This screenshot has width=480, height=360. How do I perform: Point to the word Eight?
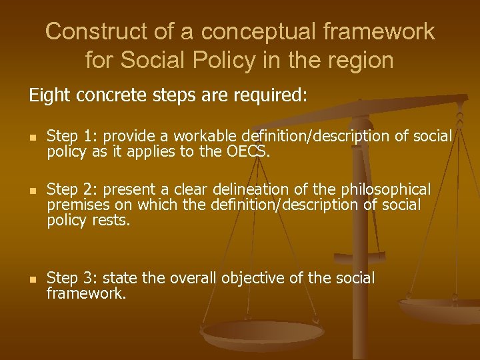[x=49, y=96]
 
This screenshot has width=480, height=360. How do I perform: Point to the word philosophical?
[x=382, y=189]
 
